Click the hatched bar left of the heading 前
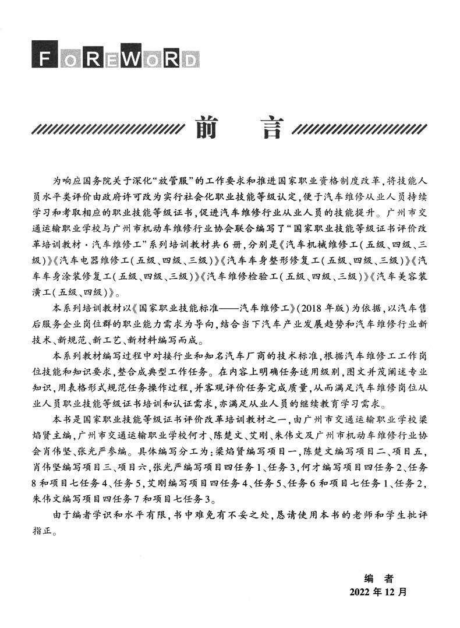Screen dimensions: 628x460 pos(108,128)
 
